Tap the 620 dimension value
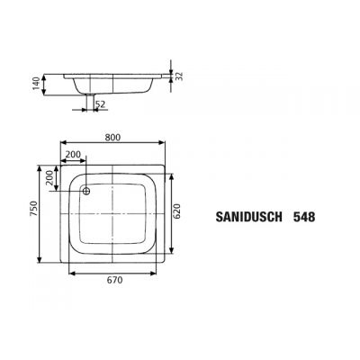(178, 211)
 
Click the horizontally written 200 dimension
(74, 155)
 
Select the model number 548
(303, 217)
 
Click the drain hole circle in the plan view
(88, 190)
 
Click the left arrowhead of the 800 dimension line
(62, 146)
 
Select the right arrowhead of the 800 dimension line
(162, 146)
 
